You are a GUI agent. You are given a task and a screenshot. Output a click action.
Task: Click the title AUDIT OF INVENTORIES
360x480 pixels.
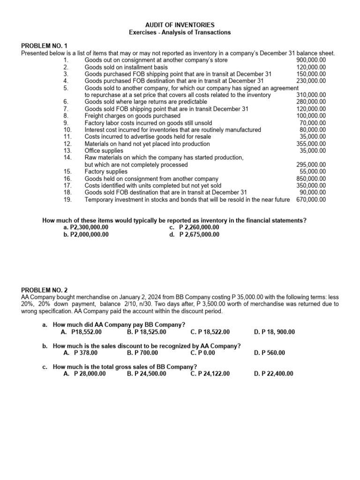180,24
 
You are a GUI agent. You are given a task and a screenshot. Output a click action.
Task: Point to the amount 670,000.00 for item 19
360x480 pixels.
311,199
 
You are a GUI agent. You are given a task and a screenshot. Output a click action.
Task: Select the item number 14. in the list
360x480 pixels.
67,158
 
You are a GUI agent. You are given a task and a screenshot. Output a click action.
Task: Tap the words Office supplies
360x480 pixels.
104,151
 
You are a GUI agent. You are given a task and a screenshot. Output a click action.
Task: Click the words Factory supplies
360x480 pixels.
105,172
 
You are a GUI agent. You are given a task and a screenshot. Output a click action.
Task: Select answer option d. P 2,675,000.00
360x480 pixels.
195,234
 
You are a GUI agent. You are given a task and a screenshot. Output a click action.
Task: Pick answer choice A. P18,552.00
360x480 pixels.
81,332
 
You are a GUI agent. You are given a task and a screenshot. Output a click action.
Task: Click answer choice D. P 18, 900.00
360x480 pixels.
274,332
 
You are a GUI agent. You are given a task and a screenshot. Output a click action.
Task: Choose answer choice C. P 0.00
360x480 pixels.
203,352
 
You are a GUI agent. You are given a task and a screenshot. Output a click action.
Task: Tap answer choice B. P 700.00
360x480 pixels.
142,352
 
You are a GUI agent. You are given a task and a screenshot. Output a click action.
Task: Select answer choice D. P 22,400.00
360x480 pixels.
274,374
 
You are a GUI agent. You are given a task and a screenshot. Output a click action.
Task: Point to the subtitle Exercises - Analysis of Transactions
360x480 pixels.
180,32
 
